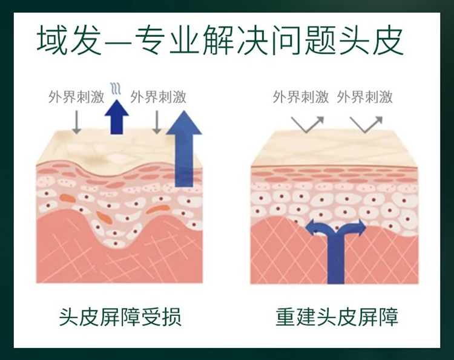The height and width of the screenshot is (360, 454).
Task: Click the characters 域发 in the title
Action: (64, 42)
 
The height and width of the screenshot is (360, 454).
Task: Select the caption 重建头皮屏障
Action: (337, 317)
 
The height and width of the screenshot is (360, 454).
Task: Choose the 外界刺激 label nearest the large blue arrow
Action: (158, 97)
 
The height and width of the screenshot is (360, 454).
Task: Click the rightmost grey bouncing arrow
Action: (365, 123)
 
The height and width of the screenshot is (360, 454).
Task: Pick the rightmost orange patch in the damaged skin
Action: (159, 209)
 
